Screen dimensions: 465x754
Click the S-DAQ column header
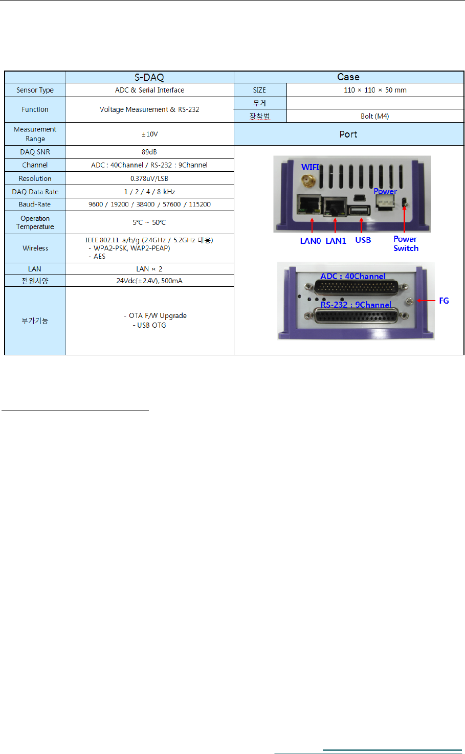click(x=149, y=77)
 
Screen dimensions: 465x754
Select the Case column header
click(x=348, y=77)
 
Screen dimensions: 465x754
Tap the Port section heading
click(x=348, y=134)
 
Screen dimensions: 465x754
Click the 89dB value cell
click(x=149, y=152)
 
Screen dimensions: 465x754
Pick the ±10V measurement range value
click(x=149, y=134)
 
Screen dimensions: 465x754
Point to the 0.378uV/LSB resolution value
click(x=149, y=178)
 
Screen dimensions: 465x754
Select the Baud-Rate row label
click(x=35, y=204)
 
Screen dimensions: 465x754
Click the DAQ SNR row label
click(x=35, y=152)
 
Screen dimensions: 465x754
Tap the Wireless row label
click(x=35, y=248)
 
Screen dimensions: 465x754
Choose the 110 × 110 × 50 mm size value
click(x=375, y=90)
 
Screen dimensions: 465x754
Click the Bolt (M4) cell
click(x=375, y=116)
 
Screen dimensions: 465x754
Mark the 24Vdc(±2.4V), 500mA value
click(x=149, y=281)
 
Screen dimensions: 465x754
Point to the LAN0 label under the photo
click(x=311, y=241)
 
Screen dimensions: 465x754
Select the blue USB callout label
click(x=363, y=240)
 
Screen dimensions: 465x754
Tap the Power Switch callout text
click(x=406, y=243)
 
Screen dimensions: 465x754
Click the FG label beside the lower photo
click(x=444, y=301)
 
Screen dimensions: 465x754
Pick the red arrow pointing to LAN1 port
click(x=335, y=225)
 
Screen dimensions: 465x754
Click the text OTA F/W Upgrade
click(x=158, y=315)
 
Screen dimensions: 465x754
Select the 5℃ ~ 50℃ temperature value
click(x=149, y=222)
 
